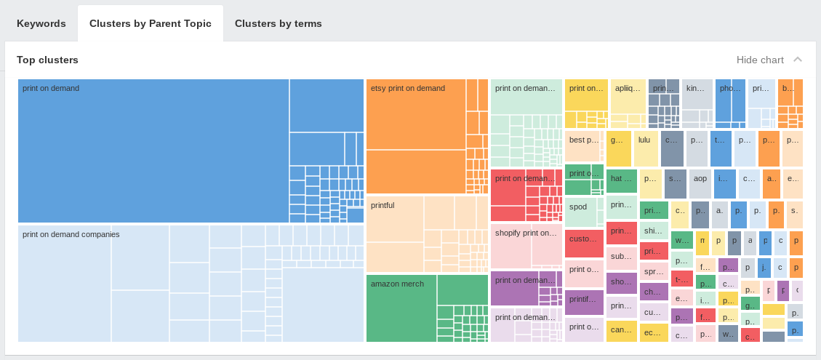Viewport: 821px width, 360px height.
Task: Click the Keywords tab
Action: click(x=41, y=23)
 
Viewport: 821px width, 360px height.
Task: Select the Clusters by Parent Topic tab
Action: click(x=151, y=23)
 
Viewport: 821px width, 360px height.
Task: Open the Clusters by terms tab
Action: click(x=278, y=23)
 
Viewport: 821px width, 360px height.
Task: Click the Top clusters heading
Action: click(x=47, y=60)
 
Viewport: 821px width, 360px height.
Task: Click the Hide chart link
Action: click(x=760, y=60)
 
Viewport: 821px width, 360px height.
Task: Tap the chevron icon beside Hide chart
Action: click(x=798, y=60)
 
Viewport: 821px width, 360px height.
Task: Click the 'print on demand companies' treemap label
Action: click(x=71, y=234)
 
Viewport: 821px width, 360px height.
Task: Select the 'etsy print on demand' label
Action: click(x=407, y=88)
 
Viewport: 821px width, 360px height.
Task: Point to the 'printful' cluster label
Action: click(x=383, y=205)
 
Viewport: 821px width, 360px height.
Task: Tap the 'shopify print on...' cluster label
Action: click(x=525, y=233)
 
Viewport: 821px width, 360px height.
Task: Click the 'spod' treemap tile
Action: click(x=578, y=207)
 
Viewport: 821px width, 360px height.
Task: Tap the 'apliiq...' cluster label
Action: click(x=628, y=89)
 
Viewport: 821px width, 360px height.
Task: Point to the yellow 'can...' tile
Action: click(x=621, y=330)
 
